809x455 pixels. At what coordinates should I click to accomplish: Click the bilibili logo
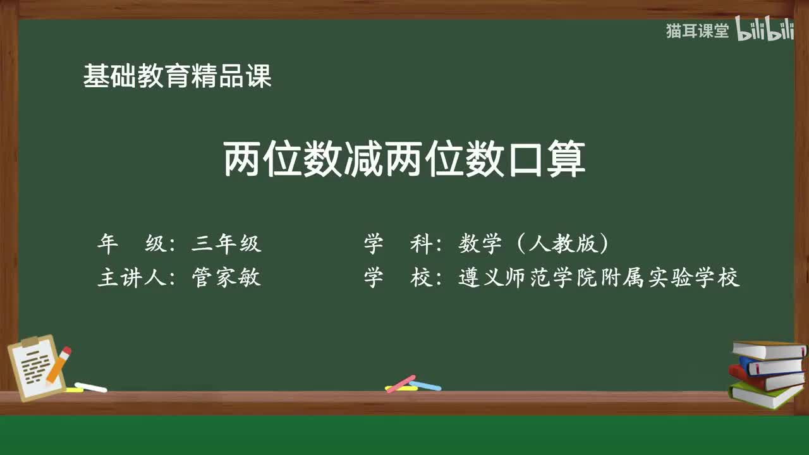tap(765, 30)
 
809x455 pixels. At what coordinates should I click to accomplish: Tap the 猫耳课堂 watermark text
tap(697, 31)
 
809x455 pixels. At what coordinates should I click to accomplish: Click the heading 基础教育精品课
tap(177, 76)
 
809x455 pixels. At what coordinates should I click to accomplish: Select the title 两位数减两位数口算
tap(404, 160)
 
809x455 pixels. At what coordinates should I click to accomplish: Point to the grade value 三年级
tap(226, 243)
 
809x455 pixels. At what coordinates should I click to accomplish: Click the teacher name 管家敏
tap(226, 277)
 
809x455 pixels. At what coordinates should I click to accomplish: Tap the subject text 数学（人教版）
tap(533, 243)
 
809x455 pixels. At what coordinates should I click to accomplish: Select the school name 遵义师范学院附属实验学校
tap(599, 277)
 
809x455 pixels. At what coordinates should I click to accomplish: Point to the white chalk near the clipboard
tap(91, 387)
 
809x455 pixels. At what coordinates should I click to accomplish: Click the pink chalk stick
tap(401, 383)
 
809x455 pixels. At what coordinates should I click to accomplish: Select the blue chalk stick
tap(425, 385)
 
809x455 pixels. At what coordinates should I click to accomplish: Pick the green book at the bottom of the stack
tap(765, 394)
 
